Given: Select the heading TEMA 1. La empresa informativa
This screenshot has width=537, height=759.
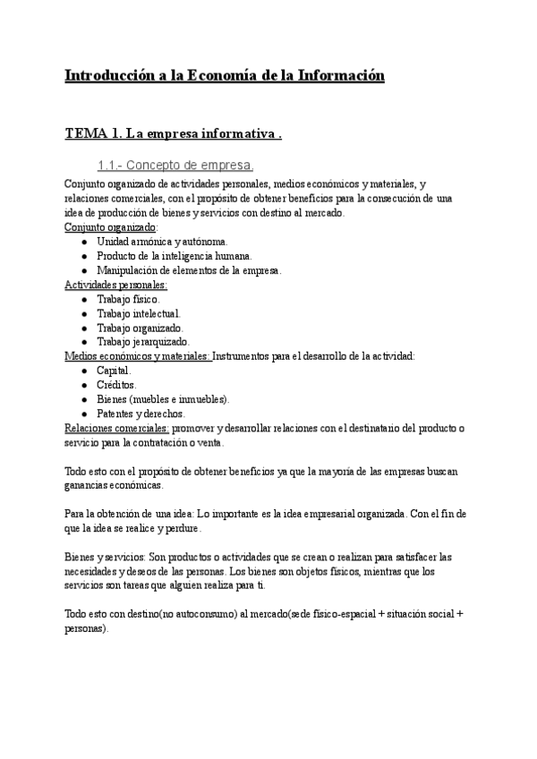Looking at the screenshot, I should click(174, 135).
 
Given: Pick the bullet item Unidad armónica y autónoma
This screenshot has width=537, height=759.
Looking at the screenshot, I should click(162, 242).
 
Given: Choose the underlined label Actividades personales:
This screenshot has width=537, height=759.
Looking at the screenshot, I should click(115, 285).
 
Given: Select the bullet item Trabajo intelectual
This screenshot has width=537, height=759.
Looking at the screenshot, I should click(139, 313).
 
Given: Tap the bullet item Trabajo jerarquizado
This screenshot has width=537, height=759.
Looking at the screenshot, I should click(143, 342).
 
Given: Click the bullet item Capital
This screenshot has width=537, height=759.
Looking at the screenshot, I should click(114, 371).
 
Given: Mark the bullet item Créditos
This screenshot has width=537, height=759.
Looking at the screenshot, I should click(116, 385).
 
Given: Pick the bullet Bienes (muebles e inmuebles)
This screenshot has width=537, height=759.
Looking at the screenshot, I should click(163, 399).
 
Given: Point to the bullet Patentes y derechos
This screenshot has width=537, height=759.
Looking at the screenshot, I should click(141, 414).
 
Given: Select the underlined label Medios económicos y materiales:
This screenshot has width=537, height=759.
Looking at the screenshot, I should click(138, 356).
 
